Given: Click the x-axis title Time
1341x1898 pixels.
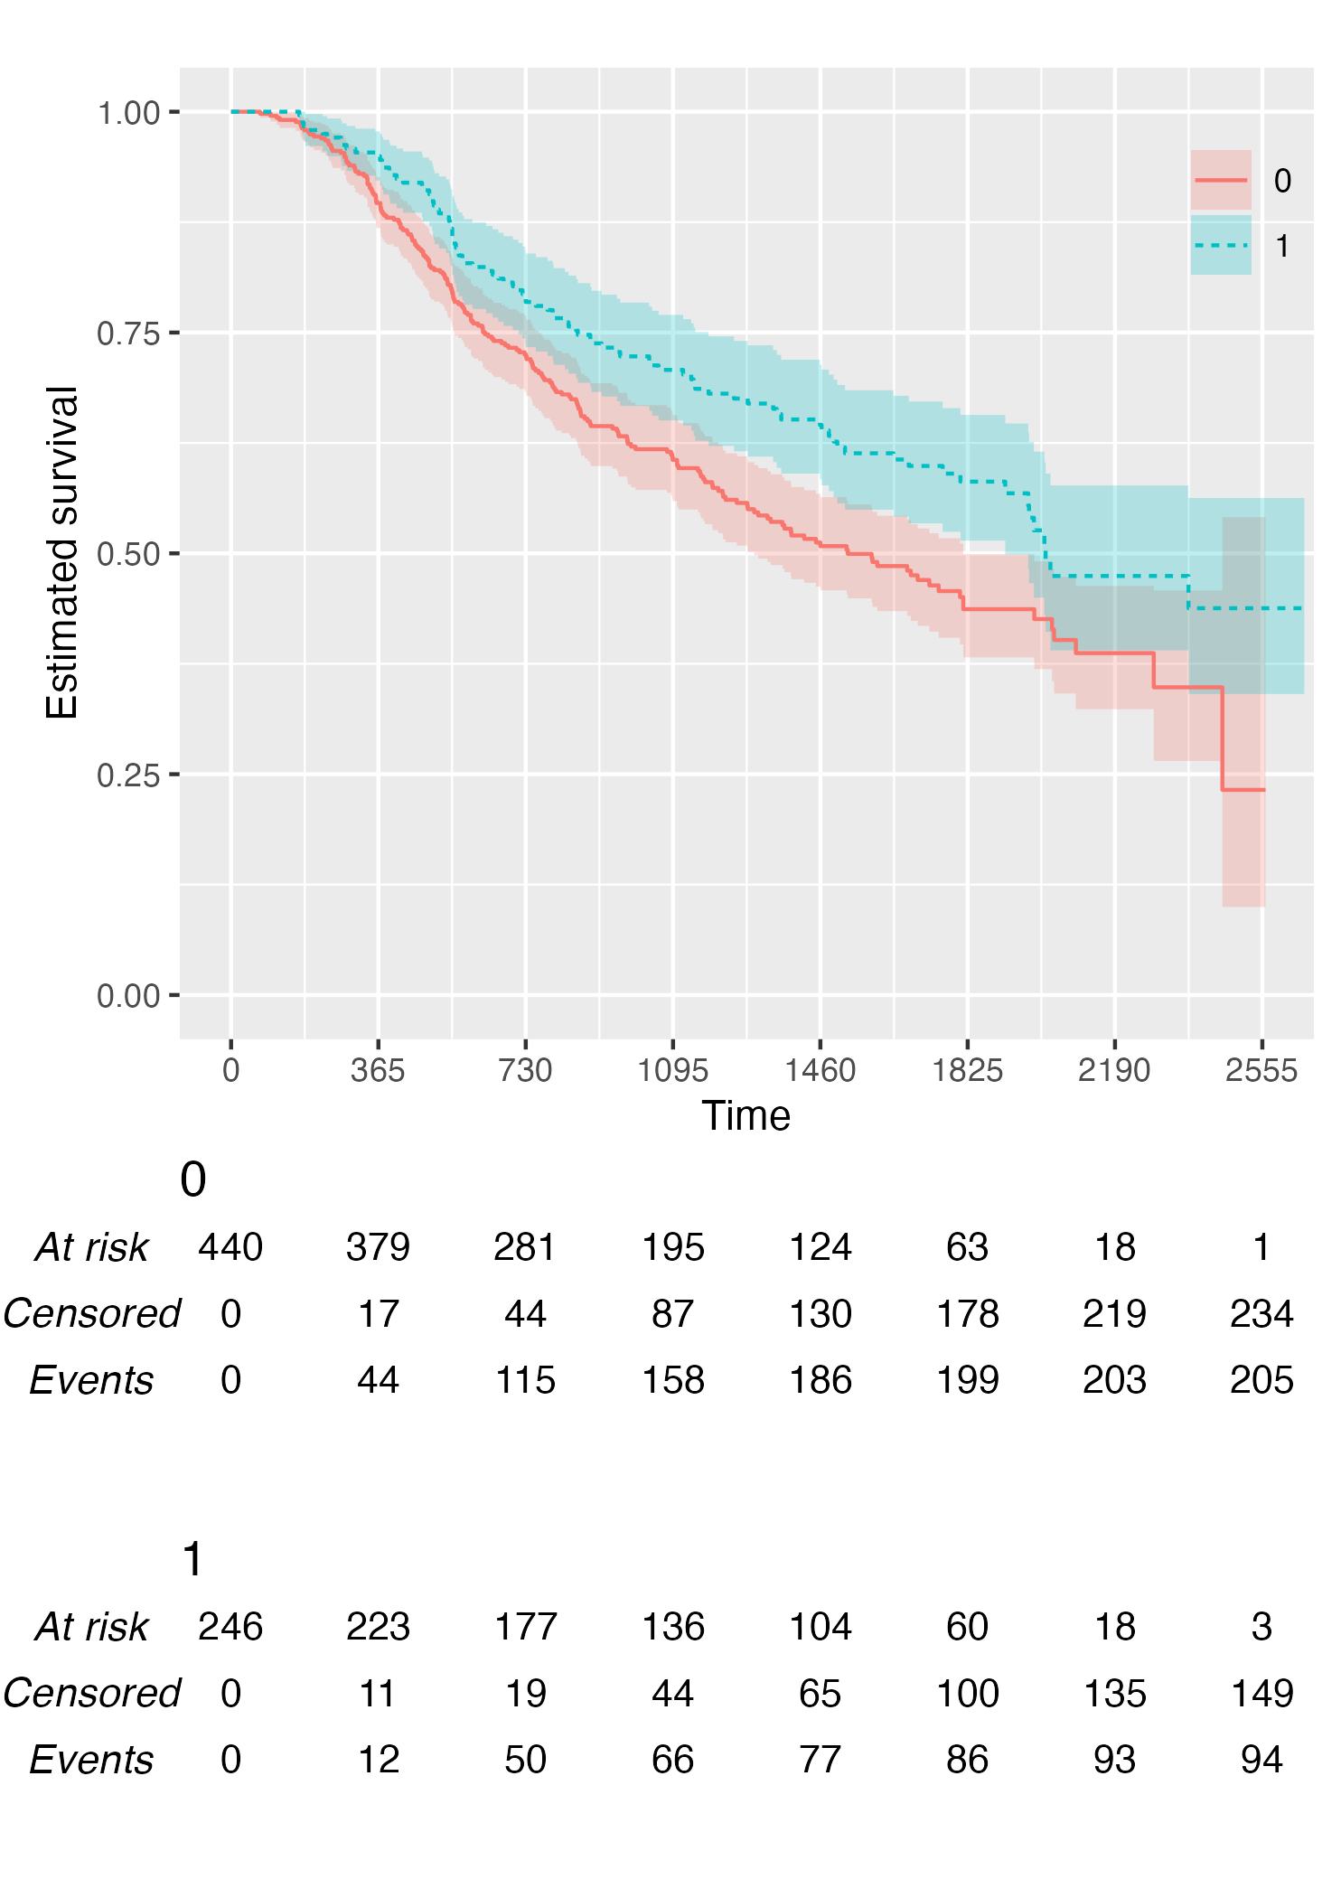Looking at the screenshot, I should coord(746,1116).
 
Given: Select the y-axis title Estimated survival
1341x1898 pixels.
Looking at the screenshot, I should coord(62,552).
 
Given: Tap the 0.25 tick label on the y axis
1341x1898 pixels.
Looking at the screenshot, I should coord(128,775).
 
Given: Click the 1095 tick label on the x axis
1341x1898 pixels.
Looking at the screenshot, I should coord(672,1071).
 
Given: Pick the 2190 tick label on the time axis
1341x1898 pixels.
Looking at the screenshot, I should coord(1114,1071).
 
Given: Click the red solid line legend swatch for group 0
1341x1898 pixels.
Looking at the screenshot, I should coord(1221,181).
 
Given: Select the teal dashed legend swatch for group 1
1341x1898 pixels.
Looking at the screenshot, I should coord(1221,245).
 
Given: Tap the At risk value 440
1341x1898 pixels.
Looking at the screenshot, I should coord(230,1247).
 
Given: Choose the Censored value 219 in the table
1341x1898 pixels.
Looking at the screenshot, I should coord(1114,1314).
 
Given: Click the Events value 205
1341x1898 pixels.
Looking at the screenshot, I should coord(1261,1381).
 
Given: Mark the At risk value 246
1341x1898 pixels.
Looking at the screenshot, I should coord(230,1627).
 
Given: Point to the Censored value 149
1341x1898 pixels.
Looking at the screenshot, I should coord(1261,1694).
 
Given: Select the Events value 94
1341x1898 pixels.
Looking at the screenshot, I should coord(1261,1761).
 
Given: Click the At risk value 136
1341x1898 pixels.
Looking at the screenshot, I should coord(672,1627).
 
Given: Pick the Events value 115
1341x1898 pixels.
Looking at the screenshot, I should coord(525,1381).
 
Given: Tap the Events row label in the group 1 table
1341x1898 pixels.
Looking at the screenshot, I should coord(91,1761).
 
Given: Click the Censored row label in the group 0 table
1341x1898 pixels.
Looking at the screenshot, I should coord(91,1314).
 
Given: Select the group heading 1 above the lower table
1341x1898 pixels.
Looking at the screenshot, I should coord(192,1560).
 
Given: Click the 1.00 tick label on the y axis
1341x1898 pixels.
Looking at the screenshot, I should coord(128,113).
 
